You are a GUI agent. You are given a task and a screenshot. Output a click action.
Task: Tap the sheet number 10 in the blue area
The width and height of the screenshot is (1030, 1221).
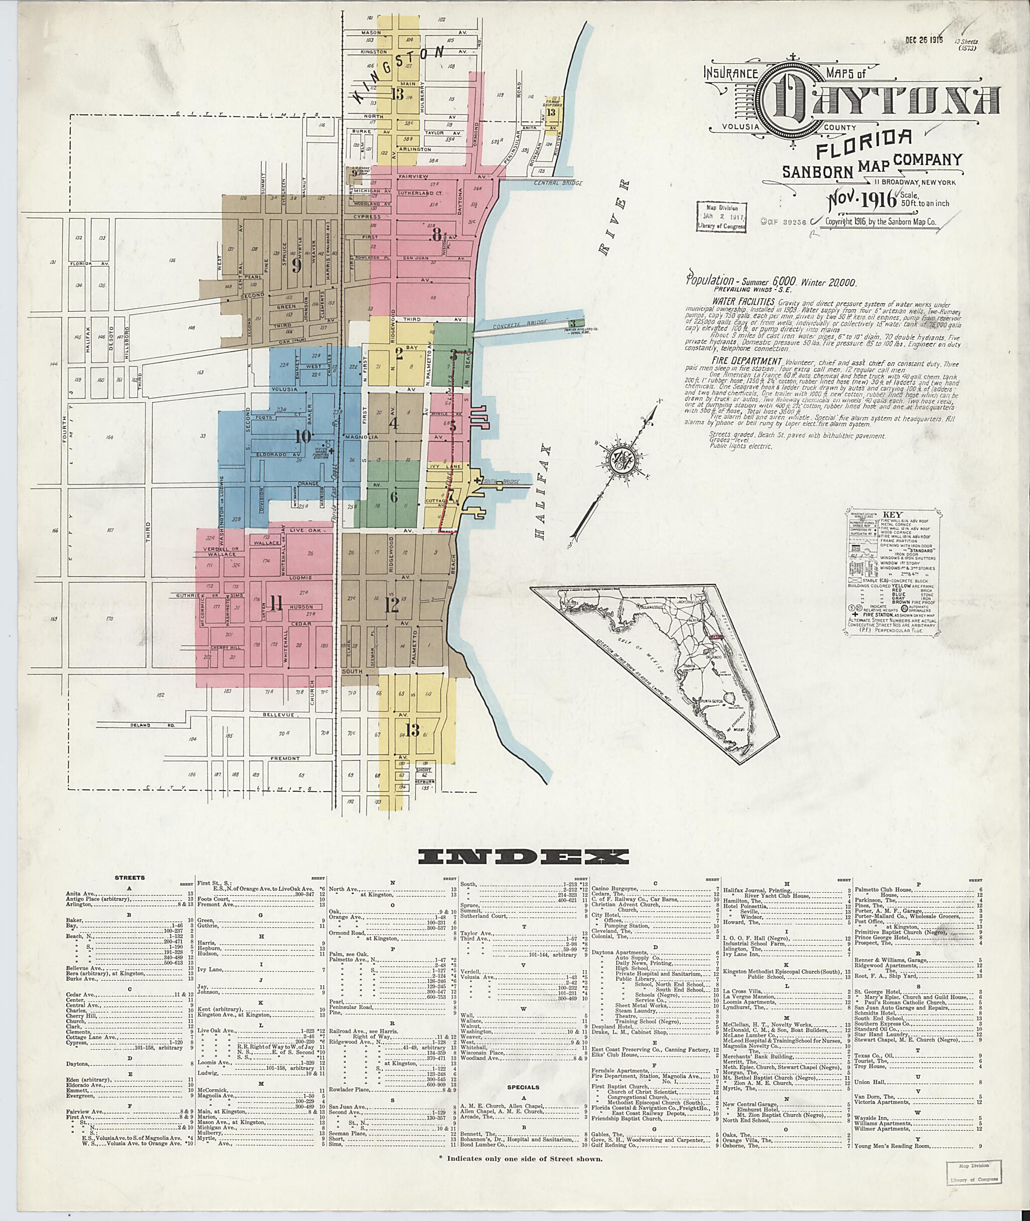303,435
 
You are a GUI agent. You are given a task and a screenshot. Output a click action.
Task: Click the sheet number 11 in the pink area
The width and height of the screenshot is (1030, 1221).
275,605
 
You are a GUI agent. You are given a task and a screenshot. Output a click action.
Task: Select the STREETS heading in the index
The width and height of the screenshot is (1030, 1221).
130,877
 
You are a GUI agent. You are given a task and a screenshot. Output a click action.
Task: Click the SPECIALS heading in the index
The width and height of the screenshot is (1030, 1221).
523,1087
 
